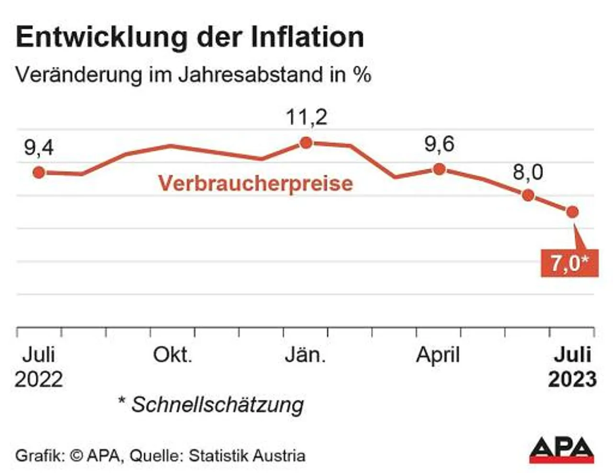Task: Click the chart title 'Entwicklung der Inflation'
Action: coord(190,37)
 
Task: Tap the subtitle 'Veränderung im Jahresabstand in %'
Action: coord(193,75)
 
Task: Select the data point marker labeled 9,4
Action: coord(39,172)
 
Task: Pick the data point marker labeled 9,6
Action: coord(439,169)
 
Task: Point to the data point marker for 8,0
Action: coord(528,195)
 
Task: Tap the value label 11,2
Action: coord(306,117)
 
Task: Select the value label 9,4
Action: coord(39,148)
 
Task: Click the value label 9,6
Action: coord(439,144)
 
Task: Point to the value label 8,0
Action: coord(528,172)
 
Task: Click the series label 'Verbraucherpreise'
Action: coord(255,183)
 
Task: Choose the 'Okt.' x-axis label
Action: coord(172,355)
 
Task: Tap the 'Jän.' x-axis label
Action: coord(306,355)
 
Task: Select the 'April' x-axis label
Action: coord(438,355)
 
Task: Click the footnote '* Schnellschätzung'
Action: coord(211,405)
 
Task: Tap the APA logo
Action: coord(561,450)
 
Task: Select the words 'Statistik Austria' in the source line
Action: coord(247,455)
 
